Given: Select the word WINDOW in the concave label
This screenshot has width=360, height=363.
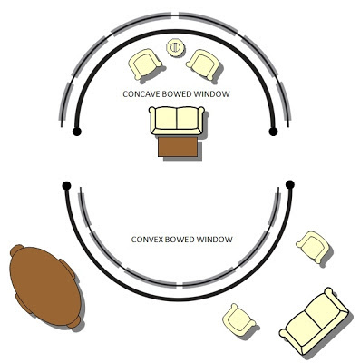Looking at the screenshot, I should tap(210, 93).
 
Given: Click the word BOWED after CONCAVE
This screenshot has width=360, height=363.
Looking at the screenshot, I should tap(178, 93).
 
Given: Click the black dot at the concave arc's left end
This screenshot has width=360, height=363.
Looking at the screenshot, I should tap(77, 132).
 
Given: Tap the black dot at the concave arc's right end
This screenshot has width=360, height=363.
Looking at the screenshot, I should tap(273, 132).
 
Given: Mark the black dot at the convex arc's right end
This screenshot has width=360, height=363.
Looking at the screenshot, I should tap(290, 185).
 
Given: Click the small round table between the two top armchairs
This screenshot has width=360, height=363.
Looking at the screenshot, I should tap(174, 47).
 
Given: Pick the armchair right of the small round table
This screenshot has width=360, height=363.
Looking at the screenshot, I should tap(202, 63).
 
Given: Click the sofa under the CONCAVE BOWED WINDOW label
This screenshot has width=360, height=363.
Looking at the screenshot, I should tap(177, 121).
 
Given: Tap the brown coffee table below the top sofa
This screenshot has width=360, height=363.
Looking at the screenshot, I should tap(179, 146).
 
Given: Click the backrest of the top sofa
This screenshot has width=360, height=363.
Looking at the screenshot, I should tap(177, 113).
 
